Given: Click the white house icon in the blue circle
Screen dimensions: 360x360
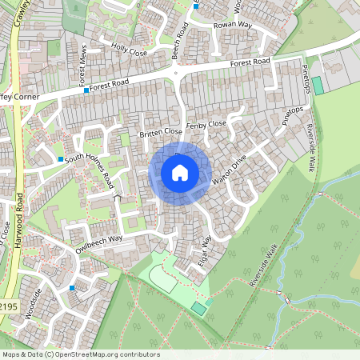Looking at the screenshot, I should pyautogui.click(x=180, y=173).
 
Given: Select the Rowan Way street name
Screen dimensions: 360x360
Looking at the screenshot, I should pyautogui.click(x=232, y=26).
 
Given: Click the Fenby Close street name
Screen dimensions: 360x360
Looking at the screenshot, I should pyautogui.click(x=206, y=125).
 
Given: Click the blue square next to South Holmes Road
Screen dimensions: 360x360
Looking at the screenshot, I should pyautogui.click(x=60, y=160).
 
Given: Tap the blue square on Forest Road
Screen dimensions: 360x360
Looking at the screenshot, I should pyautogui.click(x=86, y=91).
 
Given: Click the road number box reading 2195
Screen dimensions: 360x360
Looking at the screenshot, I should pyautogui.click(x=8, y=306).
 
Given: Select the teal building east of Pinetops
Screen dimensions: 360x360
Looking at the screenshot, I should pyautogui.click(x=318, y=85).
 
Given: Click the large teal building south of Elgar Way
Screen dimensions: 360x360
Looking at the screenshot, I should pyautogui.click(x=198, y=308).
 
